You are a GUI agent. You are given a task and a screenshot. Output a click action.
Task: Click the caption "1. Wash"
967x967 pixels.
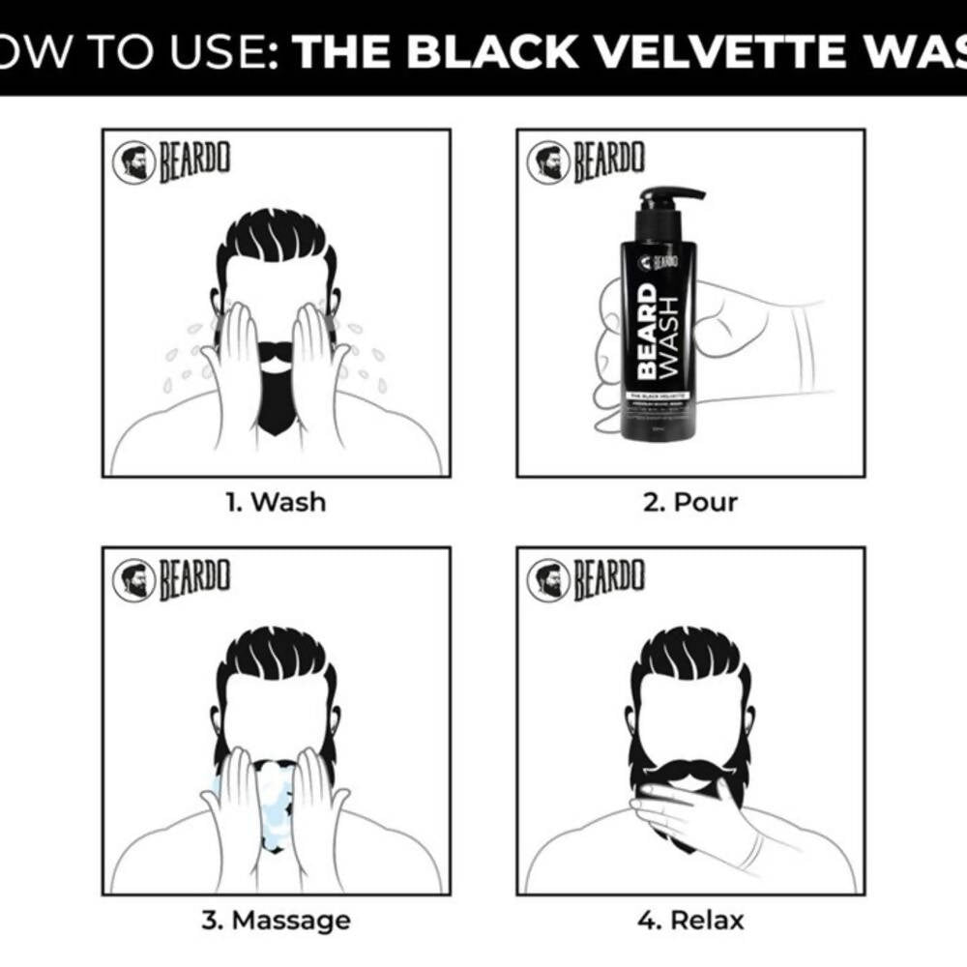coord(276,502)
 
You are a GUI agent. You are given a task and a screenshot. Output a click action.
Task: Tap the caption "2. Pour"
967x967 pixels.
coord(691,502)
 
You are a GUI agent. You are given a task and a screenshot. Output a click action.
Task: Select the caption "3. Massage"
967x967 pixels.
coord(276,919)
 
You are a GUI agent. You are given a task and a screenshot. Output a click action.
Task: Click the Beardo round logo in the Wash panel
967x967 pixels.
coord(133,162)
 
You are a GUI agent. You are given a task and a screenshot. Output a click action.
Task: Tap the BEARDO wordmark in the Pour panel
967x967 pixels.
coord(609,162)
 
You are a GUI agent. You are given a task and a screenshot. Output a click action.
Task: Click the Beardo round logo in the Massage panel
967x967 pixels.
coord(133,579)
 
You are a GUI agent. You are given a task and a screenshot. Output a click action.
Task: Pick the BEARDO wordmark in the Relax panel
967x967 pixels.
coord(609,579)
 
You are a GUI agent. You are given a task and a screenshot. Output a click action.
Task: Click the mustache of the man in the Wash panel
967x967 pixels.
coord(276,351)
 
